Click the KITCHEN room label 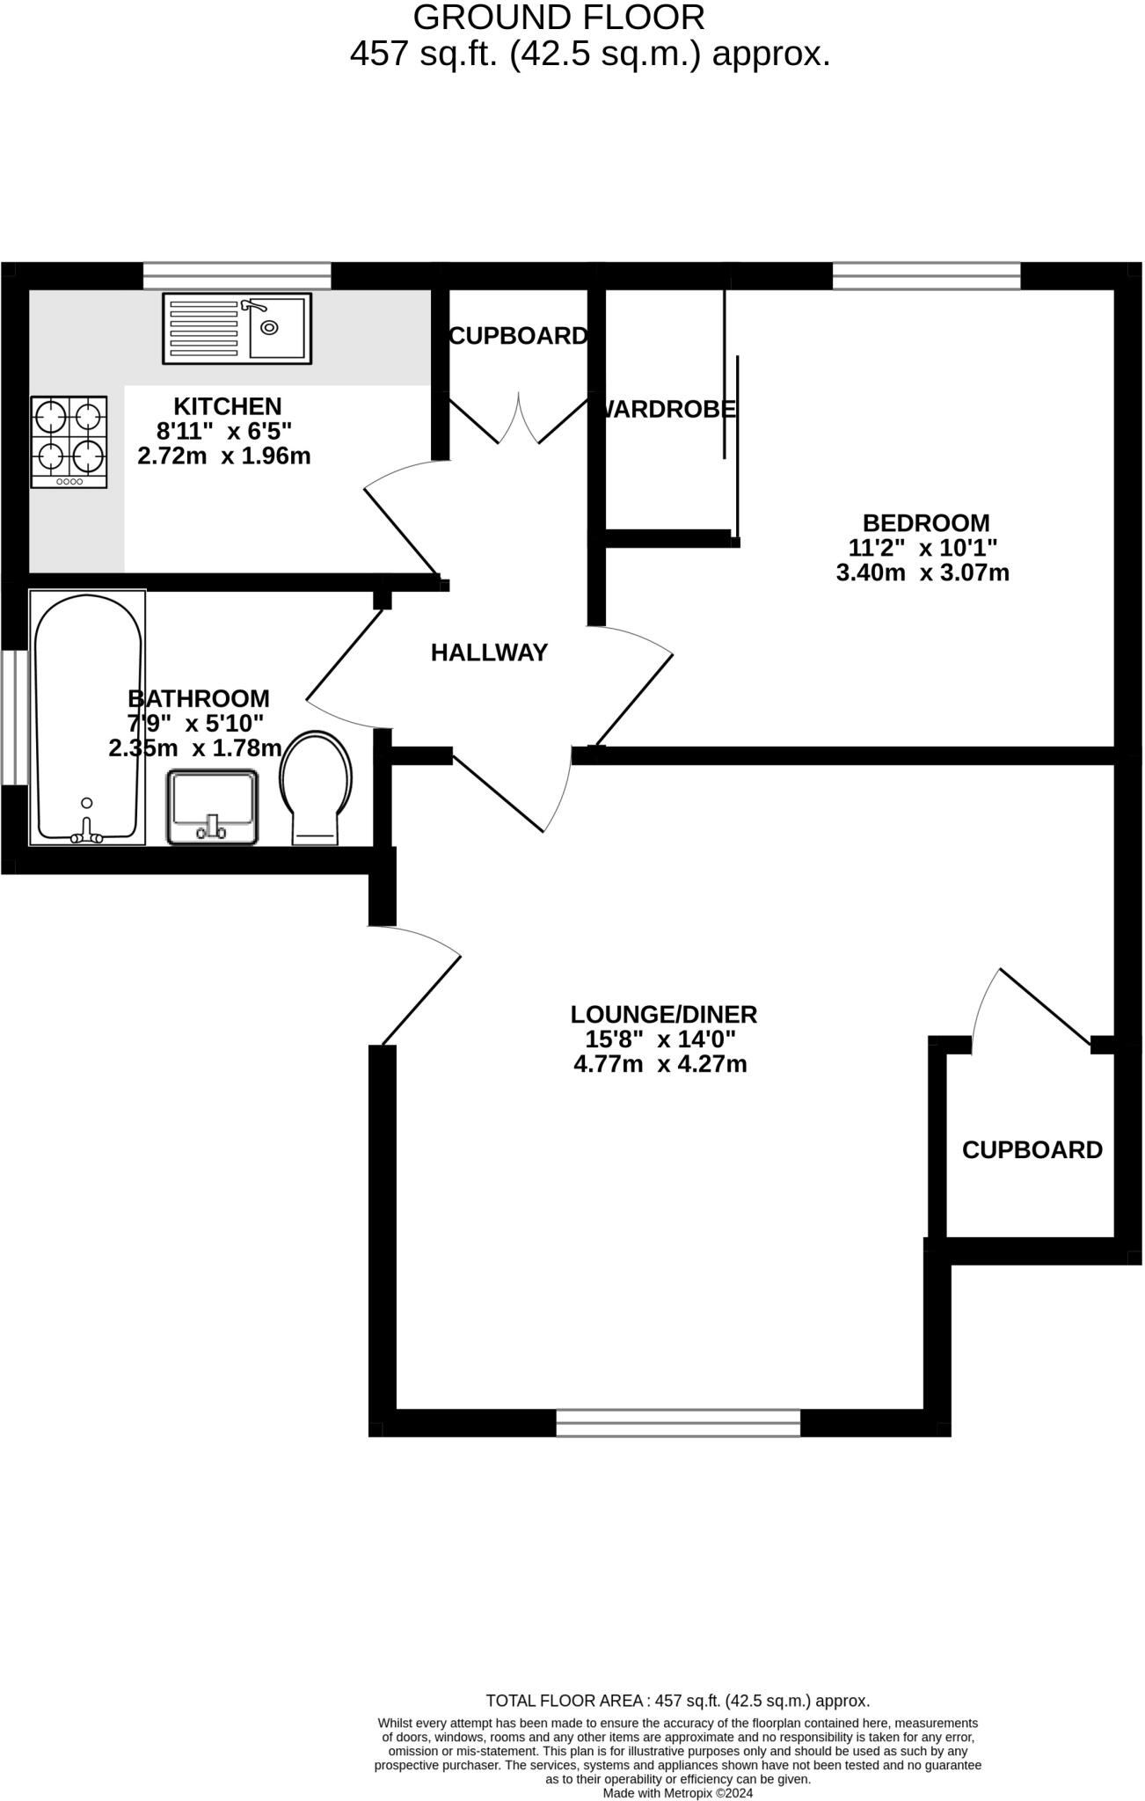(x=227, y=406)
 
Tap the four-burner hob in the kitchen (x=69, y=441)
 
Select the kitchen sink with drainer (x=237, y=329)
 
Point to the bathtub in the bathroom (x=87, y=717)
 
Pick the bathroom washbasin (x=213, y=807)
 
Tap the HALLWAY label (x=489, y=653)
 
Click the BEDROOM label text (x=926, y=523)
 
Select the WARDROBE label (x=668, y=409)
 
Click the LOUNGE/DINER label (x=664, y=1014)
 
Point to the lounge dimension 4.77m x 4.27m (x=660, y=1065)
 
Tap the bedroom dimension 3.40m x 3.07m (x=923, y=573)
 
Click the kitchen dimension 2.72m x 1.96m (x=224, y=456)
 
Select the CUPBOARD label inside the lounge (x=1032, y=1149)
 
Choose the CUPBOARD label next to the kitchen (x=518, y=336)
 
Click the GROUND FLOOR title (x=559, y=18)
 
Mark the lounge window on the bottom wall (x=678, y=1422)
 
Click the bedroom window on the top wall (x=926, y=276)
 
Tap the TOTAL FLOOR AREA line (x=677, y=1701)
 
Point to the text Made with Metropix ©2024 (x=677, y=1793)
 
